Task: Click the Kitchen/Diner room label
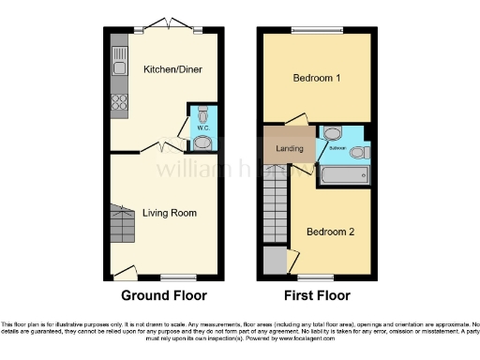tap(172, 69)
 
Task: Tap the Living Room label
tap(170, 213)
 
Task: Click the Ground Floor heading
tap(163, 294)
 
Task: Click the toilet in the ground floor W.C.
tap(202, 142)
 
